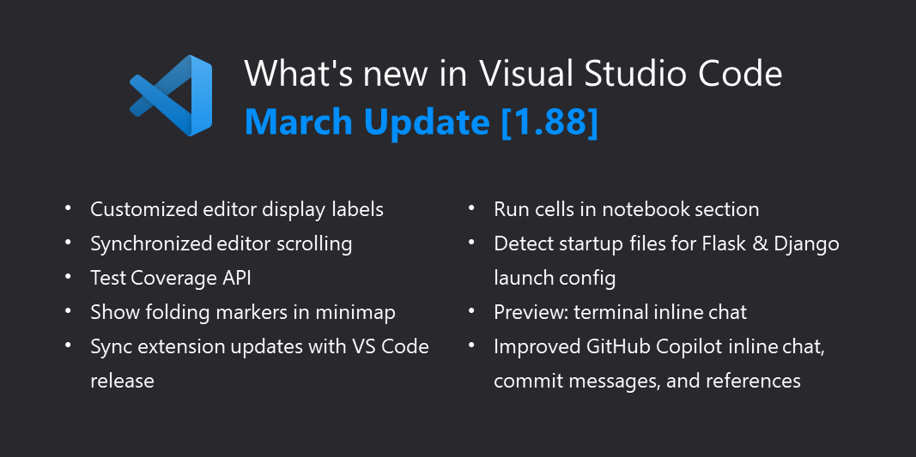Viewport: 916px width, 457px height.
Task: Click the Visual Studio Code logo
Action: point(171,95)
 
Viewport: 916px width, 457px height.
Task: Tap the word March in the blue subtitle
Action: point(298,122)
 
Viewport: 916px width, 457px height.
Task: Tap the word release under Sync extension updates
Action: point(122,381)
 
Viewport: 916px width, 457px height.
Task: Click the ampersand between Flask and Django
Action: point(766,244)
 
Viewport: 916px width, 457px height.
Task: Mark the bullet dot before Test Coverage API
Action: point(69,277)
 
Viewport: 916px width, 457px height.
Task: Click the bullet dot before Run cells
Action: point(472,208)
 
